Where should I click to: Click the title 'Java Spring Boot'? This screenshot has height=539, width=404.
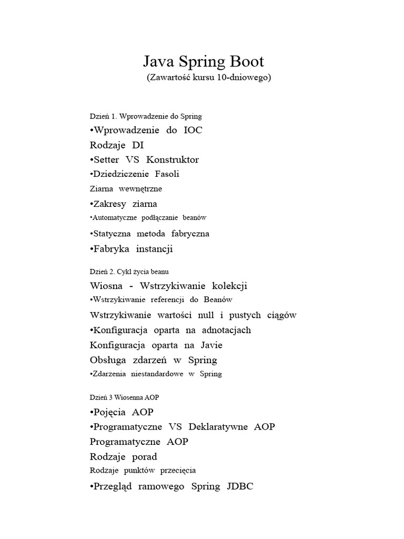tap(204, 62)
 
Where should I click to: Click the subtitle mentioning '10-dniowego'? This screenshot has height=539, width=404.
tap(209, 77)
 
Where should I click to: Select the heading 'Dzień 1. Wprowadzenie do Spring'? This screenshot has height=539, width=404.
tap(146, 116)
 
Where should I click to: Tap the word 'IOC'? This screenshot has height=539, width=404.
tap(193, 130)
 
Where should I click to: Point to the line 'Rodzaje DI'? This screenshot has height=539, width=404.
tap(117, 145)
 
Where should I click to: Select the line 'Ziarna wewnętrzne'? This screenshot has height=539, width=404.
tap(126, 188)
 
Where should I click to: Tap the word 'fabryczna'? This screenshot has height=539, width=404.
tap(189, 233)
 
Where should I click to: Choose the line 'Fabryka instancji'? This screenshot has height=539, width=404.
tap(132, 249)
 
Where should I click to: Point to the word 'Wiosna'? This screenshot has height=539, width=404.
tap(106, 286)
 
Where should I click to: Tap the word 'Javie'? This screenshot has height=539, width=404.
tap(211, 345)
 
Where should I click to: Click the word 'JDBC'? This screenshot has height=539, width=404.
tap(240, 486)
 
